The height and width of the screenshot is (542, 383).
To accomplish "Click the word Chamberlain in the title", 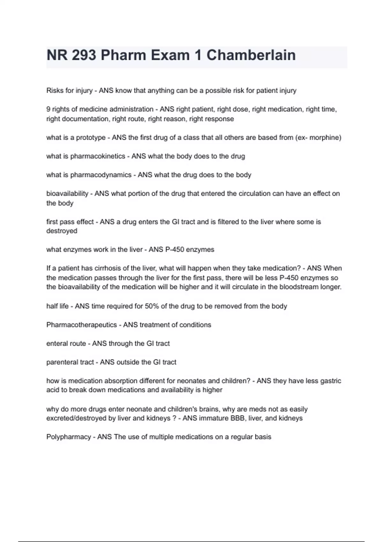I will coord(251,55).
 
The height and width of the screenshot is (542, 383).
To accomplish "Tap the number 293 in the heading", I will coord(84,55).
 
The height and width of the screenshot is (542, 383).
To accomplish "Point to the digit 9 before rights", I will coord(48,109).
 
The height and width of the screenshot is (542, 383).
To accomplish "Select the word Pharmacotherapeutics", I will coord(81,325).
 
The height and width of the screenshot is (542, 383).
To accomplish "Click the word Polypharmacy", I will coord(69,437).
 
